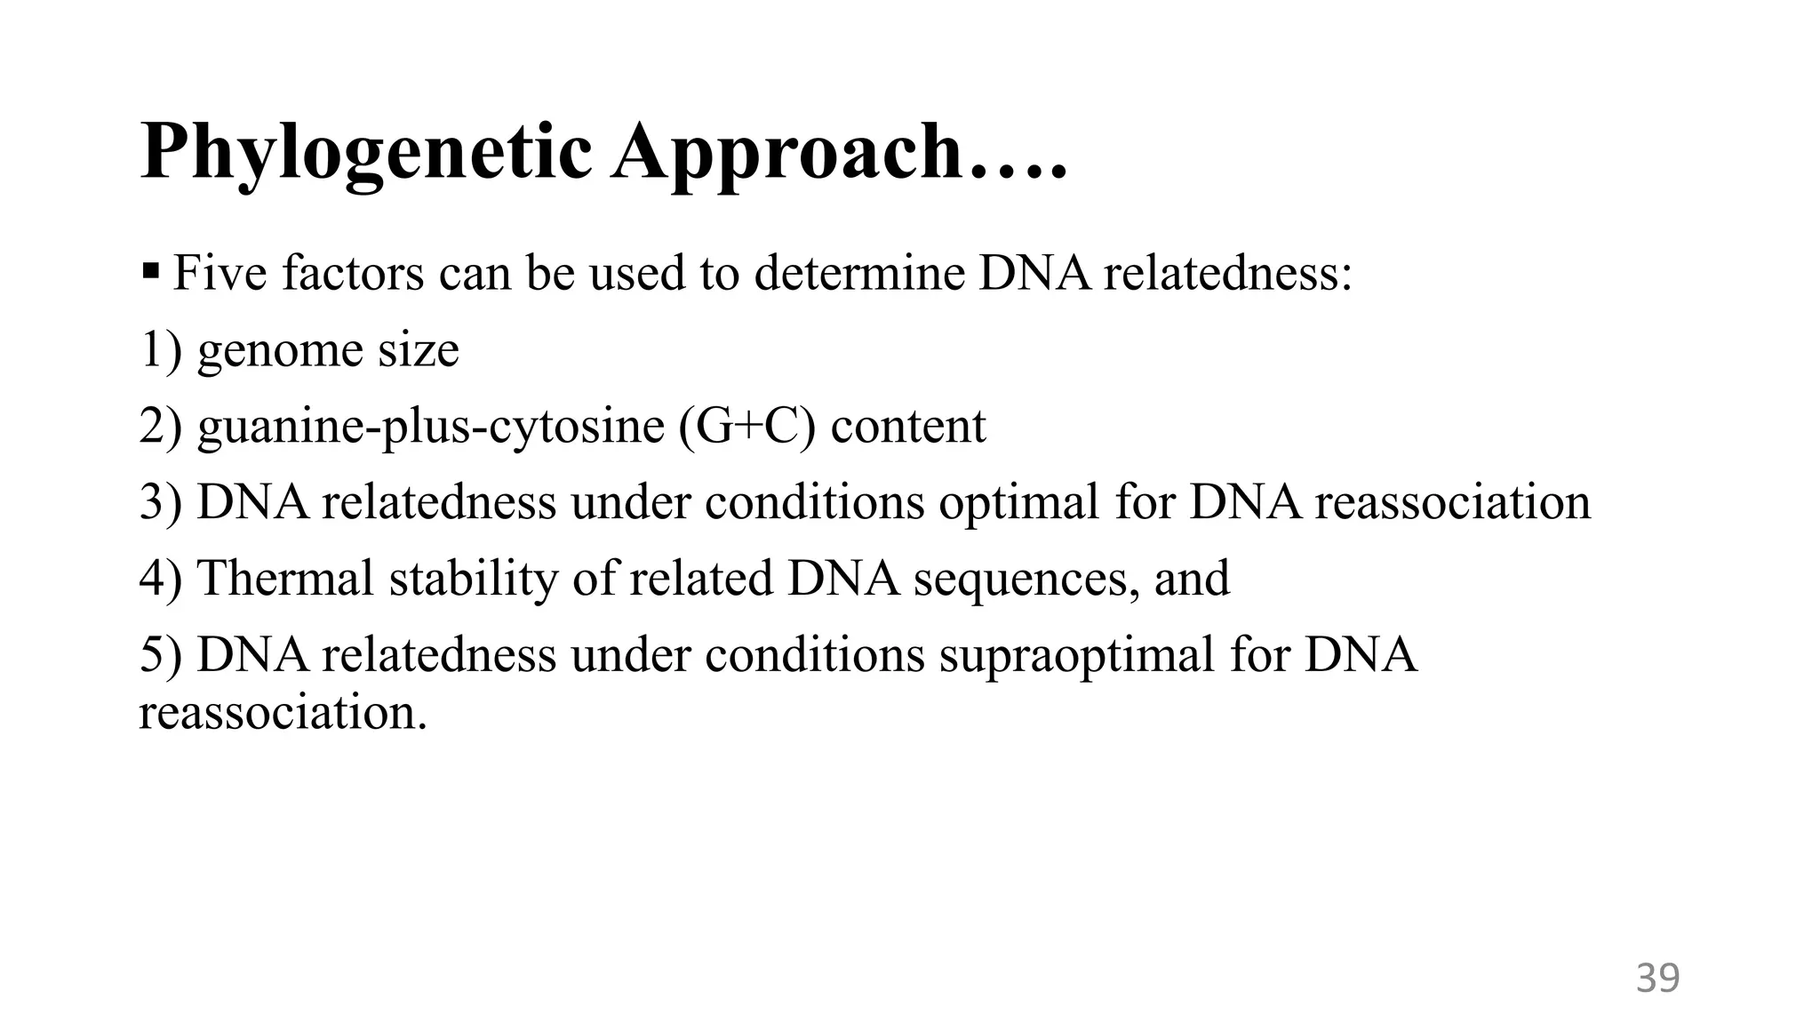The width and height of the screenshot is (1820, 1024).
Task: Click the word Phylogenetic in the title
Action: pyautogui.click(x=365, y=153)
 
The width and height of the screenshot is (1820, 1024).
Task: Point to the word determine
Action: pyautogui.click(x=859, y=273)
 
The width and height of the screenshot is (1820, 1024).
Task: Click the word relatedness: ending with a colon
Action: pyautogui.click(x=1227, y=273)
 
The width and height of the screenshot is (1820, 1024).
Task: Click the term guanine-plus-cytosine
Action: pyautogui.click(x=430, y=426)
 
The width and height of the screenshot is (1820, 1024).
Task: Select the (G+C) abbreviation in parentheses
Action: pyautogui.click(x=746, y=426)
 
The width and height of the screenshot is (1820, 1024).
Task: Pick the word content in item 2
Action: pyautogui.click(x=908, y=426)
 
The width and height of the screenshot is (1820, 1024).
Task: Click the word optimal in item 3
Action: pyautogui.click(x=1019, y=502)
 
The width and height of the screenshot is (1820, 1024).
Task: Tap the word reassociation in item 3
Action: pyautogui.click(x=1452, y=502)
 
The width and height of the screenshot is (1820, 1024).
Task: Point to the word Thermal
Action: pyautogui.click(x=285, y=579)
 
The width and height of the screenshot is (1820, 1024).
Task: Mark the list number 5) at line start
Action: pyautogui.click(x=161, y=655)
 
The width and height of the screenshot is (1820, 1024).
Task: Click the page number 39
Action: pyautogui.click(x=1657, y=978)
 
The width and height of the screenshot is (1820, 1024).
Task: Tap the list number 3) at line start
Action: pyautogui.click(x=161, y=502)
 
